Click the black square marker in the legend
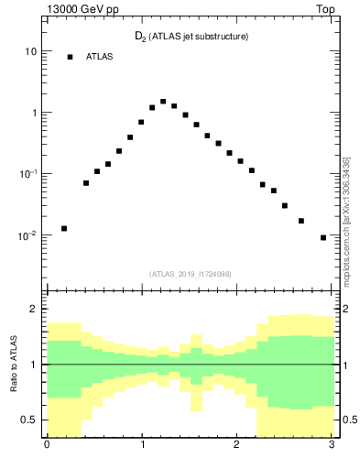pos(70,57)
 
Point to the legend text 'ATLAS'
pos(99,57)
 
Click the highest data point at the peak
pos(163,102)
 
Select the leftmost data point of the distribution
pos(64,228)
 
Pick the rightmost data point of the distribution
pos(323,237)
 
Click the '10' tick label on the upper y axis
pos(30,52)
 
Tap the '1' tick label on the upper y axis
pos(33,114)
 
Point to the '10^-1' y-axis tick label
pos(28,174)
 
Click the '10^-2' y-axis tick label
pos(28,235)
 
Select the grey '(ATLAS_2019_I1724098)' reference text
pos(191,273)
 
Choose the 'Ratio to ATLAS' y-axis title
pos(12,364)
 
